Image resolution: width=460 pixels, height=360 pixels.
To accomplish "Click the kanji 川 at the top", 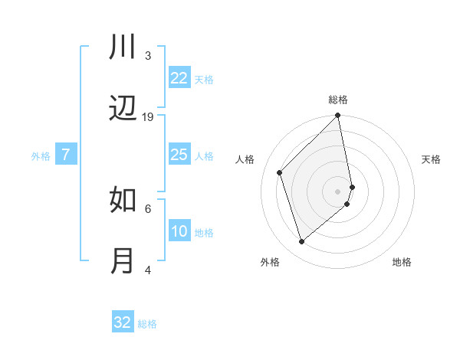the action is tap(123, 47).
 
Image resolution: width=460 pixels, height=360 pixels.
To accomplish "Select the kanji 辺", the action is tap(123, 110).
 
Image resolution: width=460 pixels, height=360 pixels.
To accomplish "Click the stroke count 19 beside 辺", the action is tap(148, 117).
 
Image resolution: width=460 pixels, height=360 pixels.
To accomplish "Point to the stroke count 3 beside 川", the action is tap(148, 55).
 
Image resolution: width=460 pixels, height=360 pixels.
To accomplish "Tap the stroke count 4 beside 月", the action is tap(148, 270).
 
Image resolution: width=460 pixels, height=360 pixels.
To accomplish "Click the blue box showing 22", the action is tap(179, 78).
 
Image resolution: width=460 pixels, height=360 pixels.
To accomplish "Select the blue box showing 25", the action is tap(179, 155).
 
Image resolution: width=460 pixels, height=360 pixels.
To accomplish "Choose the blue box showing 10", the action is tap(179, 232).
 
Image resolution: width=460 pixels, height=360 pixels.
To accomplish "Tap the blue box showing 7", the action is tap(66, 155).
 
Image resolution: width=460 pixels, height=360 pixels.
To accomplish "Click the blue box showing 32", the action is tap(123, 322).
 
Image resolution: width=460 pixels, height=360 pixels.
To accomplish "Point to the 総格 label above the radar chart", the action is tap(338, 100).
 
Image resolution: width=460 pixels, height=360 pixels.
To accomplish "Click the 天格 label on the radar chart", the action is tap(432, 159).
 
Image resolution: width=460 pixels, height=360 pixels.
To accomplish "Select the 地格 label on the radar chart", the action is tap(402, 262).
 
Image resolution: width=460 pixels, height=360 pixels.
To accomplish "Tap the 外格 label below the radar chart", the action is tap(270, 262).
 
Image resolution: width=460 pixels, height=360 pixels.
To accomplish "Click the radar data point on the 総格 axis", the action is tap(338, 116).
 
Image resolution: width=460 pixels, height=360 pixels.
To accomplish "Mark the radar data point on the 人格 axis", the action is tap(280, 172).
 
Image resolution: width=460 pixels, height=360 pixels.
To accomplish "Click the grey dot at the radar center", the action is tap(338, 191).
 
